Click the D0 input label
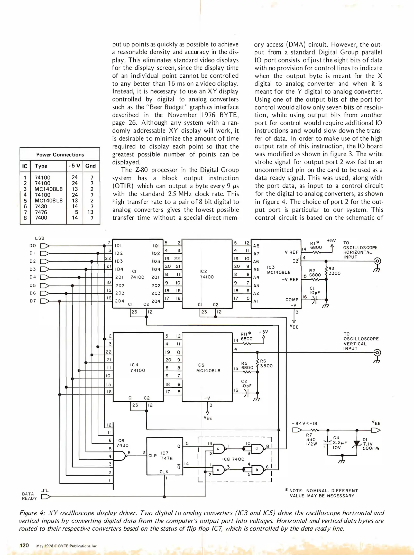click(33, 246)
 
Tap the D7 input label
click(33, 301)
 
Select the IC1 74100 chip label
click(137, 274)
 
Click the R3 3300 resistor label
click(334, 271)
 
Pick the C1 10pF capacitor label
click(315, 291)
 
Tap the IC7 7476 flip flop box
click(164, 456)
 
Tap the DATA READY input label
click(29, 496)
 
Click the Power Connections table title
click(60, 155)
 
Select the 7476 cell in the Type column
click(41, 212)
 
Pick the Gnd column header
click(90, 166)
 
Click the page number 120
click(24, 545)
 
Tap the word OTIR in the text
click(125, 186)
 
